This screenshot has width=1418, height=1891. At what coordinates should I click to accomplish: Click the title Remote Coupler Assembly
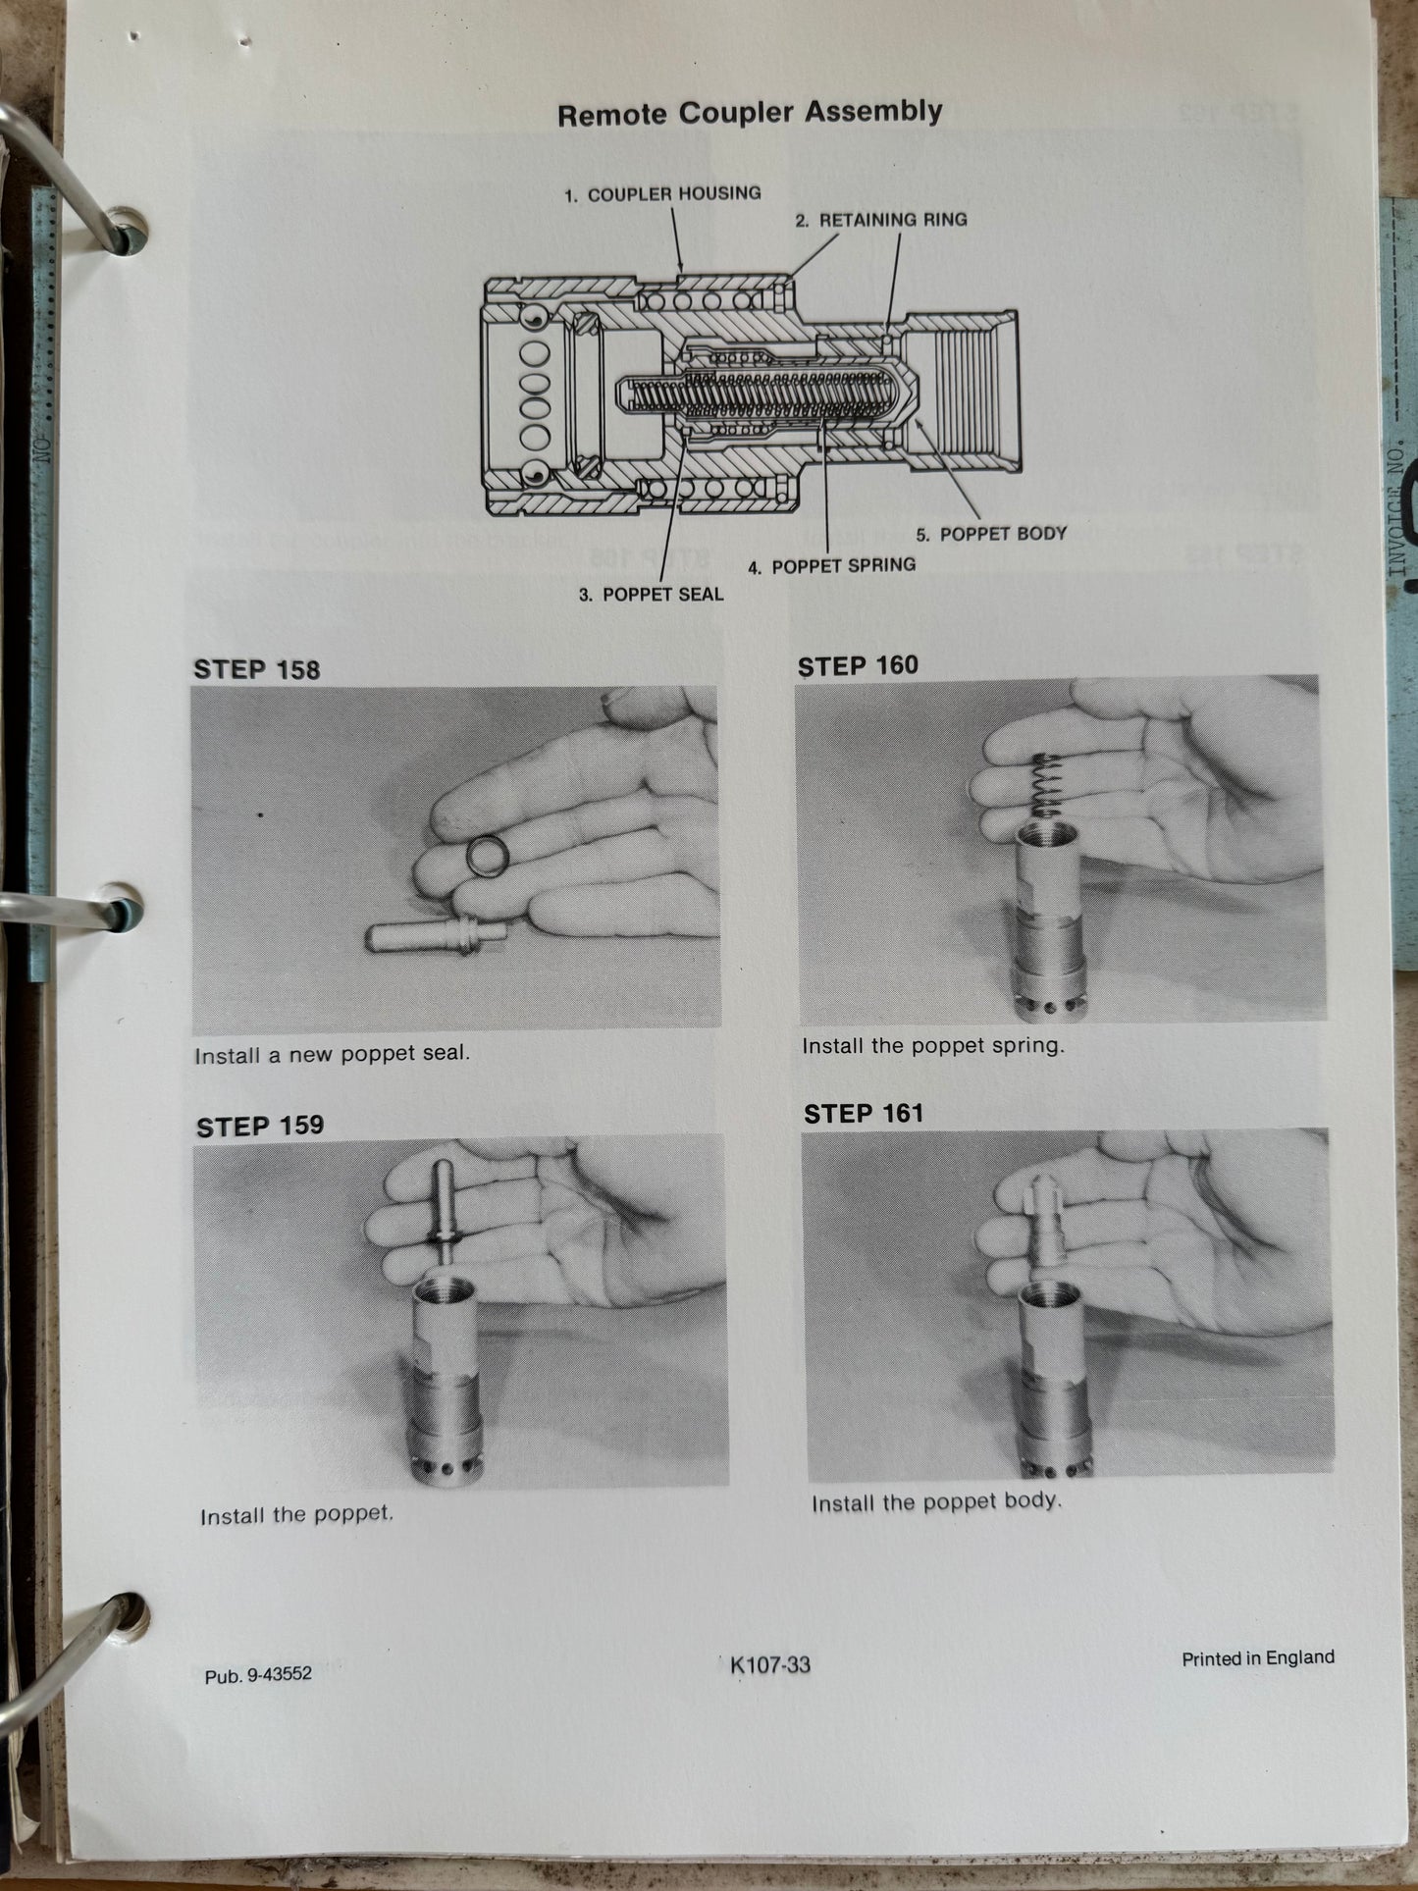pos(750,114)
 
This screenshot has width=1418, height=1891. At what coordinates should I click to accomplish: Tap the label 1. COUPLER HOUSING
pos(663,194)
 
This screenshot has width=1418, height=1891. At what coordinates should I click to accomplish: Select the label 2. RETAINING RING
pos(881,220)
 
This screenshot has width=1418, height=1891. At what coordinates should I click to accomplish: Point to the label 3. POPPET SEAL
pos(652,595)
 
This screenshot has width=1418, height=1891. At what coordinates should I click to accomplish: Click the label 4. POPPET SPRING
pos(832,566)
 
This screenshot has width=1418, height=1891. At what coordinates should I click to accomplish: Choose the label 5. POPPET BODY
pos(991,535)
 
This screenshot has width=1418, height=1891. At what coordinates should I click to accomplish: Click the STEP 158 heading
pos(257,670)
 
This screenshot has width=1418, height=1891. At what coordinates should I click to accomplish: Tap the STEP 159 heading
pos(260,1127)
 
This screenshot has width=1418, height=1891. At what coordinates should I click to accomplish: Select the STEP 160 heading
pos(858,666)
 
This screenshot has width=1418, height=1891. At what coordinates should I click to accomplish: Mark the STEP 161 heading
pos(864,1114)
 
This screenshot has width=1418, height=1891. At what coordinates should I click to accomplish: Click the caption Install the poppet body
pos(936,1502)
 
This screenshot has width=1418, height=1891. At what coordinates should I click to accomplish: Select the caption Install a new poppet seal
pos(333,1055)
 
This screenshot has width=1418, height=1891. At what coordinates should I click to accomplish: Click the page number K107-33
pos(770,1664)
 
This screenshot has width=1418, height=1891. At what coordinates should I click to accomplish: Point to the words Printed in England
pos(1257,1658)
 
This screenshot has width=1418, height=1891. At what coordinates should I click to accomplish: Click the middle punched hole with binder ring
pos(122,908)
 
